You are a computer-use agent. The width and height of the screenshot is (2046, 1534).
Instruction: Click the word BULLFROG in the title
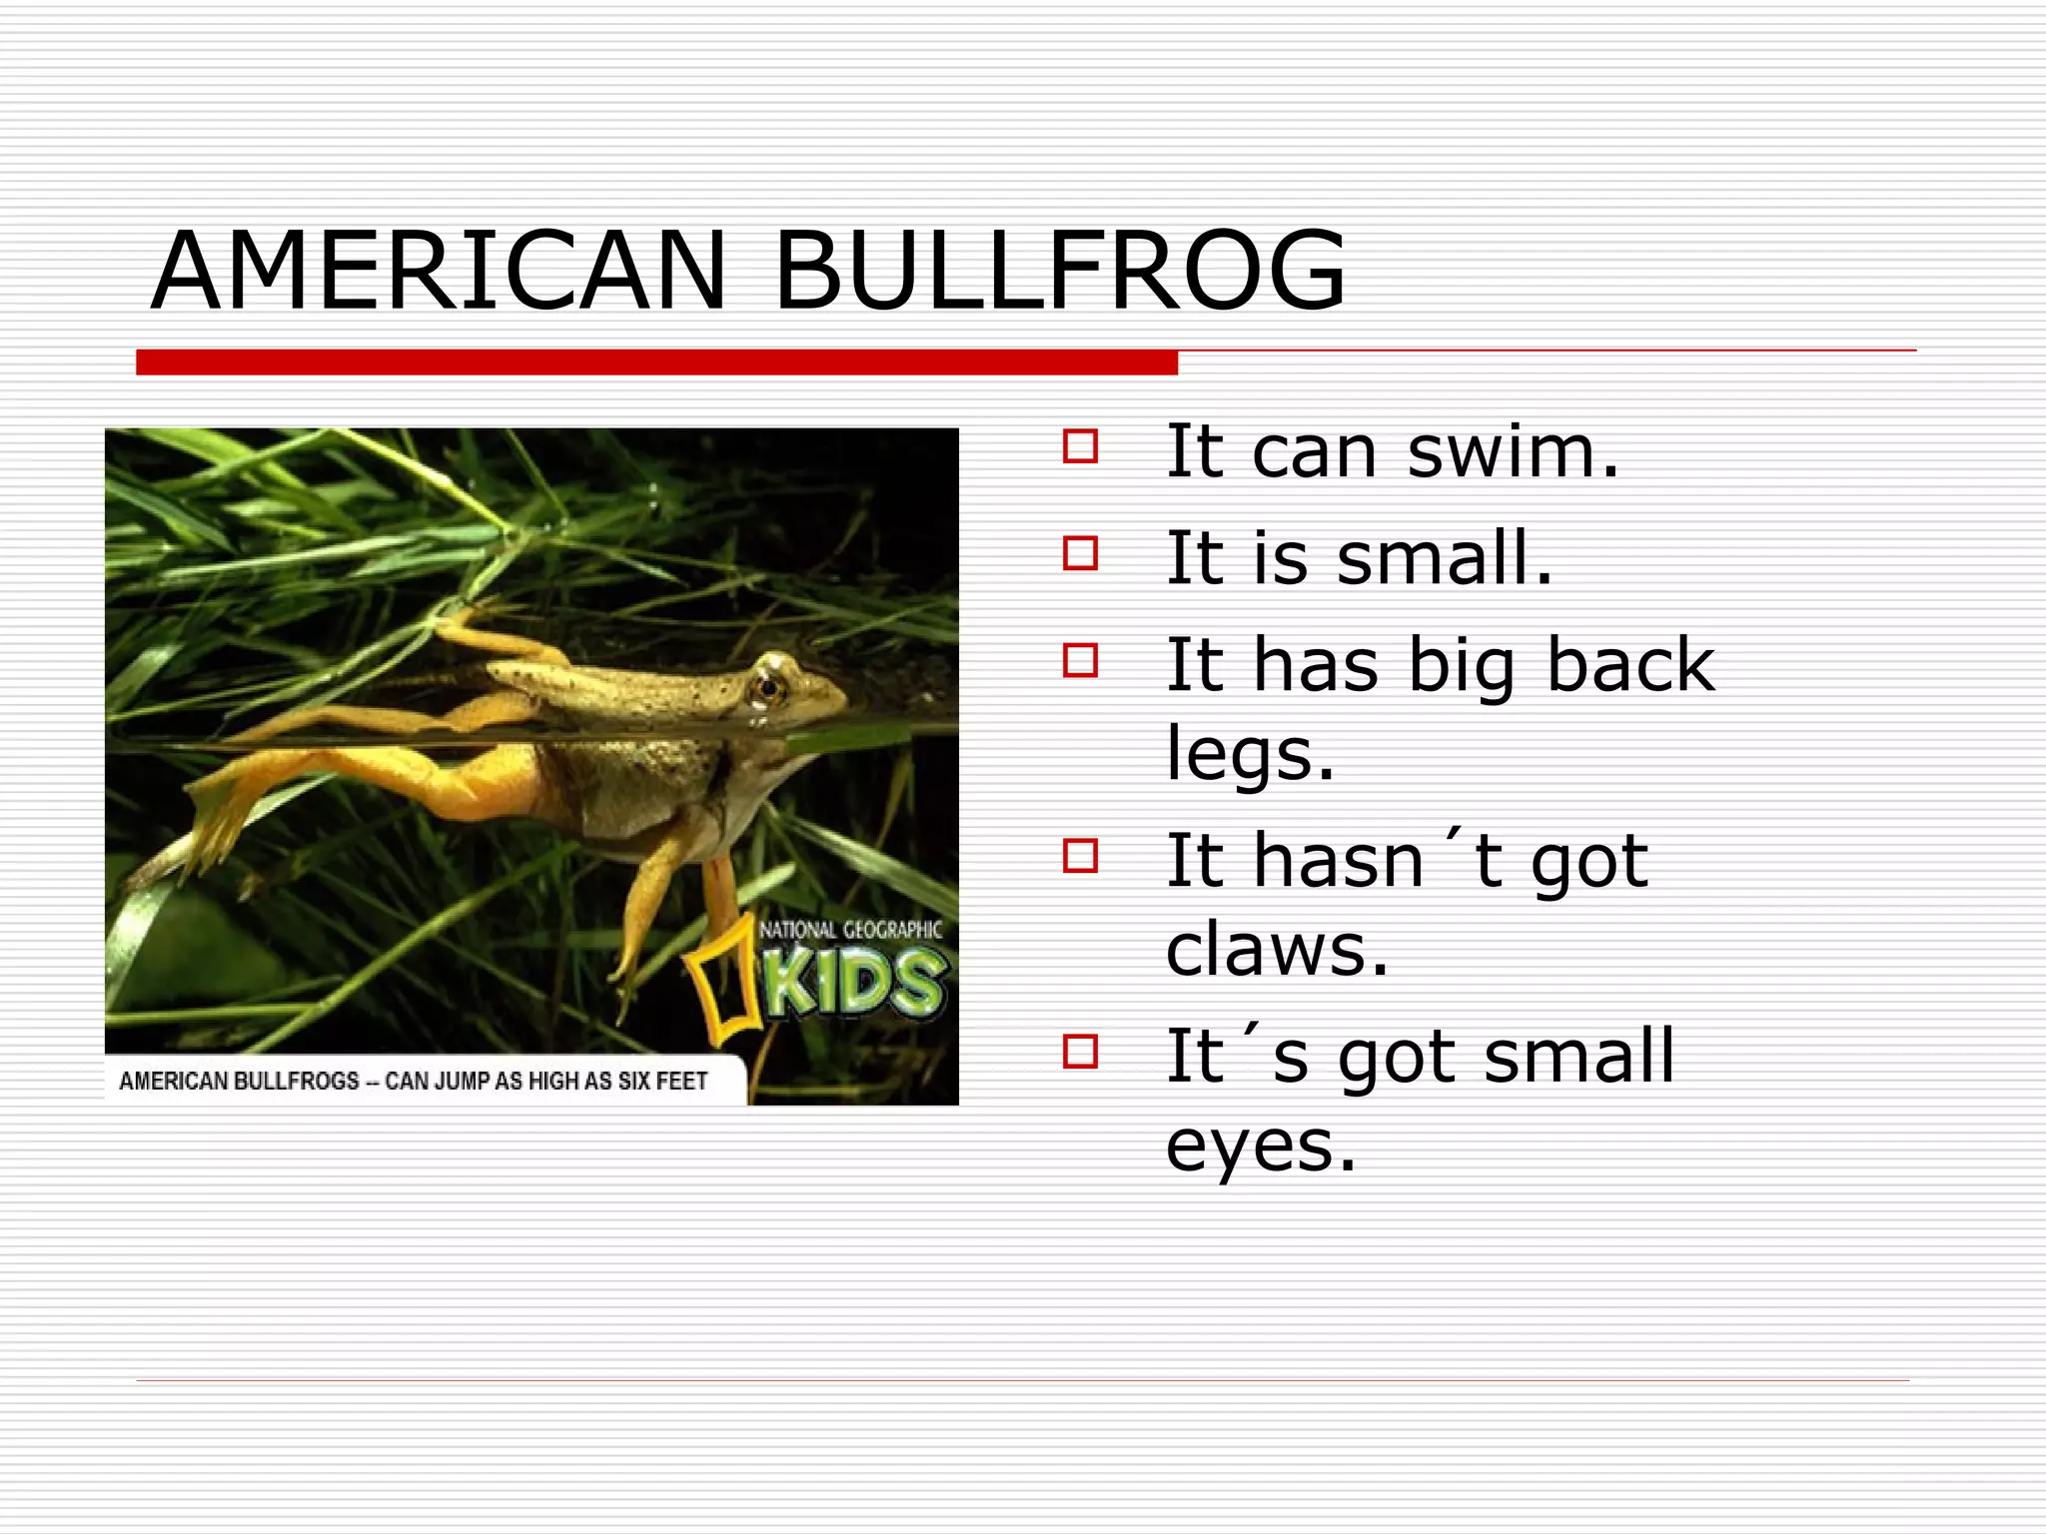coord(1059,271)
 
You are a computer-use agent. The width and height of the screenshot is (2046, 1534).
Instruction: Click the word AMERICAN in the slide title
coord(438,271)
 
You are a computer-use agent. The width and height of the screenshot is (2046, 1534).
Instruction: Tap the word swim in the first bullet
coord(1512,452)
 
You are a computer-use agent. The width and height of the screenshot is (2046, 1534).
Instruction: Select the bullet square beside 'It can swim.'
coord(1080,445)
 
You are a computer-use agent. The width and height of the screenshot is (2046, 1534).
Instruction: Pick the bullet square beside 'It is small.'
coord(1080,552)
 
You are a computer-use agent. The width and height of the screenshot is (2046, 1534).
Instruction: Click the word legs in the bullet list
coord(1249,755)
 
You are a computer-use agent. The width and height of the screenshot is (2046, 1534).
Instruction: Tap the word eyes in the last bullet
coord(1260,1147)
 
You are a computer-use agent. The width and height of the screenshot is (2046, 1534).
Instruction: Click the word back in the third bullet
coord(1629,664)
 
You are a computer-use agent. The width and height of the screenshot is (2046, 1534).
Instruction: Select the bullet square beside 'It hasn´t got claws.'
coord(1080,855)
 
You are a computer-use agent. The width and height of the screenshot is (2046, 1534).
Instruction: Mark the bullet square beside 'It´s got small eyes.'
coord(1080,1051)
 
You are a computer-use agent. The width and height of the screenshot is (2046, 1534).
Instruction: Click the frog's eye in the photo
coord(767,687)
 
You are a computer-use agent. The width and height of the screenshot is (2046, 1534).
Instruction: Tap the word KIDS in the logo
coord(854,983)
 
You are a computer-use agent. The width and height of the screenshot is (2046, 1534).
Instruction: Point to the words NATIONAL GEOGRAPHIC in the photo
coord(850,931)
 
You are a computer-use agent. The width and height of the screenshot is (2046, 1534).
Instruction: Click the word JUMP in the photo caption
coord(462,1082)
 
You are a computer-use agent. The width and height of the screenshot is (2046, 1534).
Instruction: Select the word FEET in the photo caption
coord(681,1082)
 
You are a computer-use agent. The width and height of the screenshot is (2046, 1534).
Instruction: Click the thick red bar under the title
coord(656,363)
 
